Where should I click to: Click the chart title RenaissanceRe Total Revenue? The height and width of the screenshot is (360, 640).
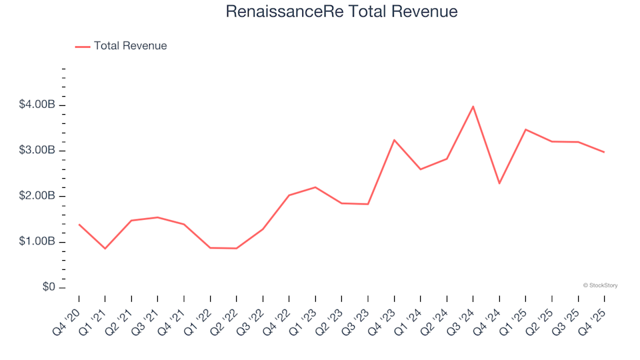(x=341, y=11)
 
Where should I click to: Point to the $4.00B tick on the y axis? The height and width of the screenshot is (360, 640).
(x=38, y=105)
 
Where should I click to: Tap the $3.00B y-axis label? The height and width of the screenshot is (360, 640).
(x=38, y=151)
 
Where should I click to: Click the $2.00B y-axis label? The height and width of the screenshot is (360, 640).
(x=38, y=197)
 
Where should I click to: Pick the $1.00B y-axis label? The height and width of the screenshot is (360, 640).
(x=38, y=242)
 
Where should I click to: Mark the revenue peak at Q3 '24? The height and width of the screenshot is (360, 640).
(x=473, y=107)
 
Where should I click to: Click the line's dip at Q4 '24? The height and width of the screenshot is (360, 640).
(x=499, y=183)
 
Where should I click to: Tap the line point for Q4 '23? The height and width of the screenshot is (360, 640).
(x=394, y=140)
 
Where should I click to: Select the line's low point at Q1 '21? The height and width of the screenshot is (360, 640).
(x=105, y=249)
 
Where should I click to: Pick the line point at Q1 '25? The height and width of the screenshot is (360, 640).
(x=525, y=129)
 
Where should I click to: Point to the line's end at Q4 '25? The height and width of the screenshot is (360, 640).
(x=604, y=152)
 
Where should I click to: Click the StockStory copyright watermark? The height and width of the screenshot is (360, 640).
(x=600, y=285)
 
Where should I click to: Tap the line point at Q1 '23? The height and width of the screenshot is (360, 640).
(x=315, y=187)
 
